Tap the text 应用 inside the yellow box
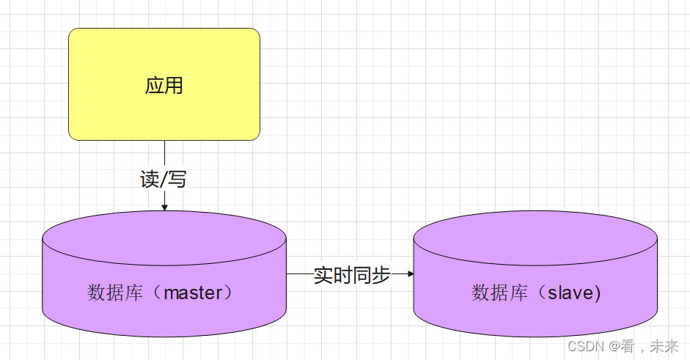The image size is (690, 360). tap(164, 86)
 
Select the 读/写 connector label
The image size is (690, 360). tap(164, 179)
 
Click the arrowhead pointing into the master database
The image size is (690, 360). tap(164, 207)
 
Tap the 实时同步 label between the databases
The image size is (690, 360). tap(352, 275)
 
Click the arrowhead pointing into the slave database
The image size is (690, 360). tap(410, 274)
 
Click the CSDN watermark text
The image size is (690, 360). tap(584, 346)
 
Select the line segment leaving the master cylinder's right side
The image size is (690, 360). tap(298, 274)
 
